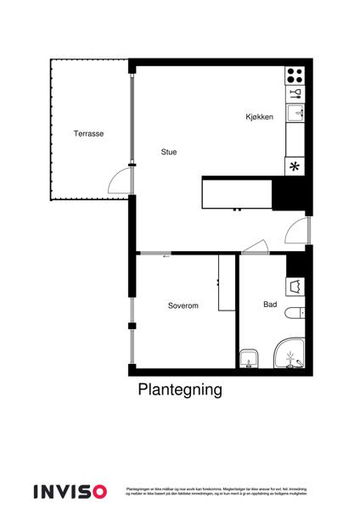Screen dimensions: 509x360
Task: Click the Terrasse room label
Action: click(88, 134)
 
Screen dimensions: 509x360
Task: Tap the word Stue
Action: click(169, 153)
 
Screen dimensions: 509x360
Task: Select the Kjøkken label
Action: click(259, 117)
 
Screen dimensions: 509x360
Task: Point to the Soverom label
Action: click(183, 305)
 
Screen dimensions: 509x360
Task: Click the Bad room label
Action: click(270, 304)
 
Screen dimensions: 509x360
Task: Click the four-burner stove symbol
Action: click(295, 74)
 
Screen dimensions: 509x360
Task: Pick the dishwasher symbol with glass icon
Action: click(295, 92)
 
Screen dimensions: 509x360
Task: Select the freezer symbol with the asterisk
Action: click(295, 166)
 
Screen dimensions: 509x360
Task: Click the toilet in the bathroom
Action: click(295, 314)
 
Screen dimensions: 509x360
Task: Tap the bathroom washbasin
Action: click(249, 357)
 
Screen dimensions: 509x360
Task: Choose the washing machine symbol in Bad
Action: click(296, 286)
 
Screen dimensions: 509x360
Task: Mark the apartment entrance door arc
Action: click(296, 228)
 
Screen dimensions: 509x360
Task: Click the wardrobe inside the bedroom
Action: click(227, 282)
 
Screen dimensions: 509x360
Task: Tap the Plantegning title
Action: click(180, 390)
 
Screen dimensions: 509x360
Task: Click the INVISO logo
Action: click(70, 491)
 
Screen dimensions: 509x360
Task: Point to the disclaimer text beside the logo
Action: click(216, 491)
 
